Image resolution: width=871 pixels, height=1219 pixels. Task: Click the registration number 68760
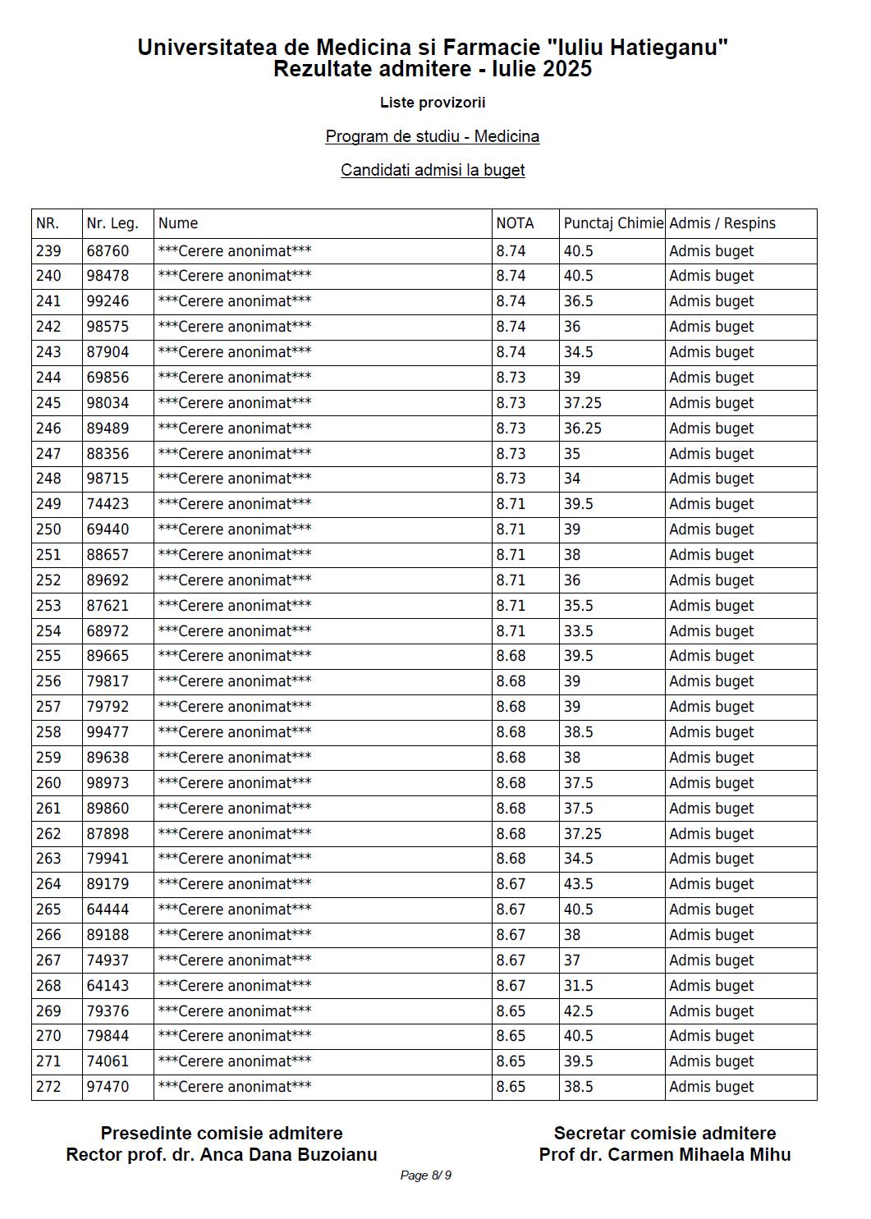108,251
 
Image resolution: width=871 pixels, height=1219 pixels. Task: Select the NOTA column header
515,223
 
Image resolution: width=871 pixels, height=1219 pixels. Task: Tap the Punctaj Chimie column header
612,223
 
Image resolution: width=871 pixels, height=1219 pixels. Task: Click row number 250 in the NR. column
48,529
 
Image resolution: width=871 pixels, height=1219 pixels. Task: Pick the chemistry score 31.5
579,985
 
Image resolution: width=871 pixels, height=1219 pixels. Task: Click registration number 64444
108,910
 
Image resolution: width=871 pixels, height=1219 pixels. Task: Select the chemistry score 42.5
579,1010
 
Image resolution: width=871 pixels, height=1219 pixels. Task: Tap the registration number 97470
108,1087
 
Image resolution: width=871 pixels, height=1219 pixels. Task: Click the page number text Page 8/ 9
425,1175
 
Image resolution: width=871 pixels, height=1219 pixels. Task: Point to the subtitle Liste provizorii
433,103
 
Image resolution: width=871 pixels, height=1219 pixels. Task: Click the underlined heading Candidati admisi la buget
433,170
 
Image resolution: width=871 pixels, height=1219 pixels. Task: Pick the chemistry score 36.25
583,428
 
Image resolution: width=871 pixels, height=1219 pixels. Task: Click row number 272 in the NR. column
48,1087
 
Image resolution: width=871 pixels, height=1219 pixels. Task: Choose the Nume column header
178,223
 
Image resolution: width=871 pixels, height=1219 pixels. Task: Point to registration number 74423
108,504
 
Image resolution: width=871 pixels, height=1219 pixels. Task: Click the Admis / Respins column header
722,223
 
